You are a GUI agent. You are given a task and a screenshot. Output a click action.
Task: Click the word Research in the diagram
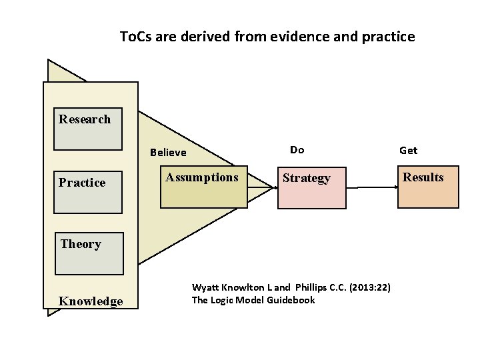click(x=85, y=119)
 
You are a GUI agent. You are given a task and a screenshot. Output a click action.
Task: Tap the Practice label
click(x=82, y=183)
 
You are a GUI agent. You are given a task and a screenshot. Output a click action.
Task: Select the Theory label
click(x=81, y=244)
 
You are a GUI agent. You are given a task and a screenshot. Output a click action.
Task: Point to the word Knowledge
click(x=91, y=301)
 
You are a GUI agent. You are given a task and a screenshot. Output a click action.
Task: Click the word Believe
click(x=168, y=152)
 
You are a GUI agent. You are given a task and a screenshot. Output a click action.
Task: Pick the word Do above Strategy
click(x=297, y=150)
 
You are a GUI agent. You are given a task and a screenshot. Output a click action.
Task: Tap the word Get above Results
click(x=408, y=151)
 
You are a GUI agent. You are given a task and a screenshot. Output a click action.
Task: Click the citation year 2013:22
click(x=370, y=287)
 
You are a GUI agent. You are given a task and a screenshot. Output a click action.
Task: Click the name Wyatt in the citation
click(x=206, y=287)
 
